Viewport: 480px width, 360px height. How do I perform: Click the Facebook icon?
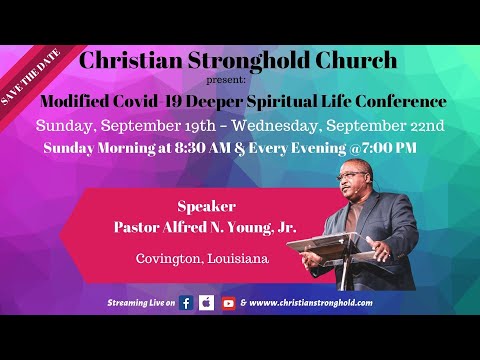[x=186, y=302]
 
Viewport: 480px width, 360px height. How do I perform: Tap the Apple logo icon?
[x=207, y=302]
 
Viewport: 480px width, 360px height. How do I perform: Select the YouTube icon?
[x=229, y=302]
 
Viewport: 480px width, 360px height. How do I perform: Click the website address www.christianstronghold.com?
[x=313, y=302]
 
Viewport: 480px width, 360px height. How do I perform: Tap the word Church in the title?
[x=355, y=60]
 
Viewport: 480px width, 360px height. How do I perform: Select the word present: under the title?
[x=240, y=80]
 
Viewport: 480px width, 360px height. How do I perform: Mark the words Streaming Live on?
[x=140, y=302]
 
